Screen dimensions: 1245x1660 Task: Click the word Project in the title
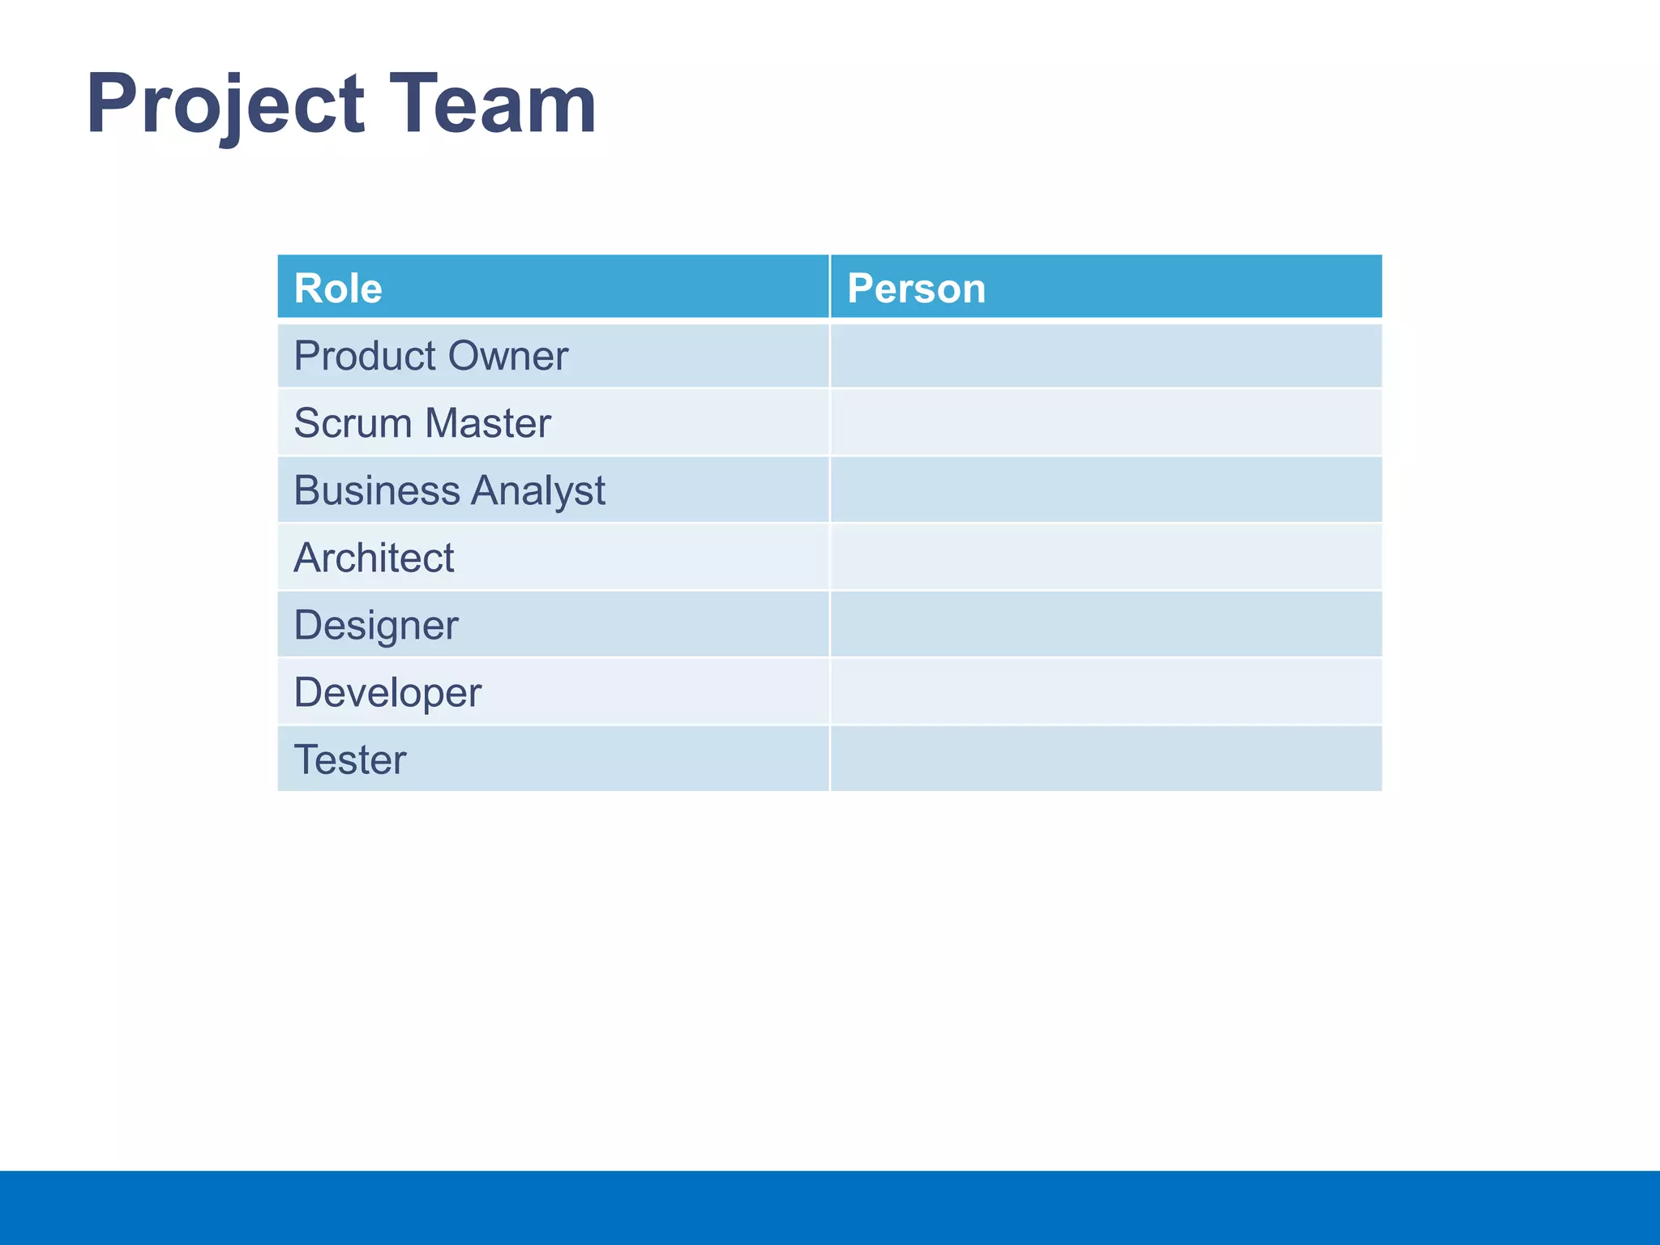pyautogui.click(x=225, y=105)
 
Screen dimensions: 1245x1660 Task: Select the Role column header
pyautogui.click(x=338, y=288)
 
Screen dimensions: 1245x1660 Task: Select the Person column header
pyautogui.click(x=916, y=288)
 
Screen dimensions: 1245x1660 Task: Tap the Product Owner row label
pyautogui.click(x=430, y=356)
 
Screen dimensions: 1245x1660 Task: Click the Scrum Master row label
pyautogui.click(x=421, y=423)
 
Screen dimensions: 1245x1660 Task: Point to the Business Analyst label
pyautogui.click(x=449, y=490)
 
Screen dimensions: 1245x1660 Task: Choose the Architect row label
pyautogui.click(x=374, y=558)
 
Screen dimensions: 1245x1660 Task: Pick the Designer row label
pyautogui.click(x=375, y=625)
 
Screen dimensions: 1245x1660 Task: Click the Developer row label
pyautogui.click(x=387, y=692)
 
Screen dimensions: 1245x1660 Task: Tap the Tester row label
pyautogui.click(x=349, y=759)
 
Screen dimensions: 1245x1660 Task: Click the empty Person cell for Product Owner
pyautogui.click(x=1106, y=356)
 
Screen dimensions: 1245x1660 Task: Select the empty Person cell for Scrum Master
pyautogui.click(x=1106, y=423)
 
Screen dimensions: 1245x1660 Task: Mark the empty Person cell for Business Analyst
pyautogui.click(x=1106, y=490)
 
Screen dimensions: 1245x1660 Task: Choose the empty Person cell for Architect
pyautogui.click(x=1106, y=558)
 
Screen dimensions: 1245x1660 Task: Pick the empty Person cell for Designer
pyautogui.click(x=1106, y=625)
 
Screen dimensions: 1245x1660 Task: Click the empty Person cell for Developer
pyautogui.click(x=1106, y=692)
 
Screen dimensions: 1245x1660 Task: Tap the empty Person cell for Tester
pyautogui.click(x=1106, y=759)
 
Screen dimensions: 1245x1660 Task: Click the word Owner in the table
pyautogui.click(x=507, y=356)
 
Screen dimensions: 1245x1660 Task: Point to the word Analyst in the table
pyautogui.click(x=538, y=491)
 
